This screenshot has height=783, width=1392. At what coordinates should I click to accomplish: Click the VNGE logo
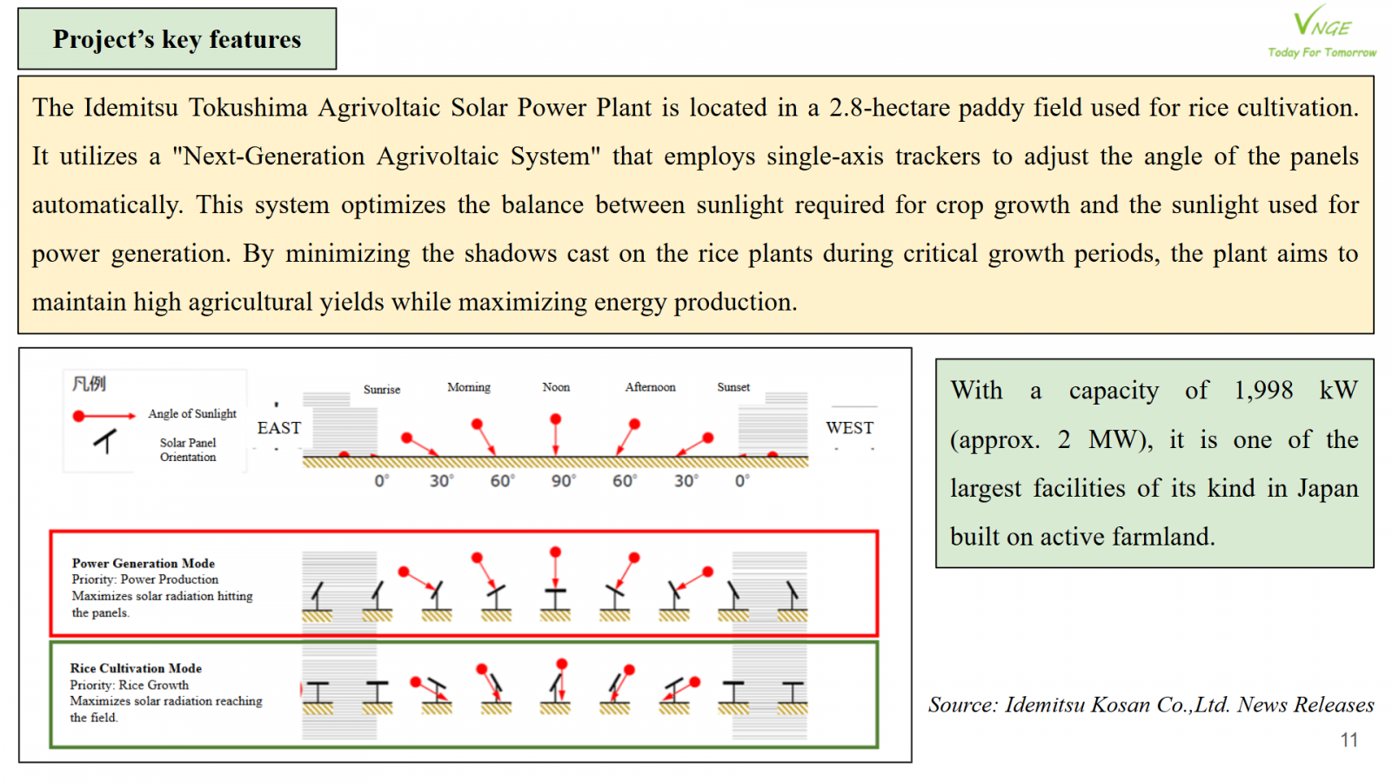pos(1322,31)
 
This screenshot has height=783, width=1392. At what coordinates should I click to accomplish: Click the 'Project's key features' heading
pos(177,39)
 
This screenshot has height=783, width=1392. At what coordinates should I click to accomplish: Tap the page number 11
pos(1348,740)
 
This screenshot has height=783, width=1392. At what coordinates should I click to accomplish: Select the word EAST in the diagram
pos(279,428)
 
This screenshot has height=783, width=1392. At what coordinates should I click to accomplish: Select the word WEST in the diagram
pos(849,428)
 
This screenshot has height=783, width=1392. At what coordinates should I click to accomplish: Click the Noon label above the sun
pos(556,387)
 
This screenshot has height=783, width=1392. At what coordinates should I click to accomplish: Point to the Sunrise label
pos(382,390)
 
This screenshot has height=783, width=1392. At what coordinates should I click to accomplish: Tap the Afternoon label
pos(650,387)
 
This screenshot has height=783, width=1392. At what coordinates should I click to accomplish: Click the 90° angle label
pos(564,481)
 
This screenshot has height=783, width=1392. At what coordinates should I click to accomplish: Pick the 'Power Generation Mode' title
pos(144,563)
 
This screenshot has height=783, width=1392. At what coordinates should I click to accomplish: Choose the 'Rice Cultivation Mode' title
pos(136,668)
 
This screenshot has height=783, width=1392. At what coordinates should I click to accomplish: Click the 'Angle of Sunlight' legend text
pos(192,414)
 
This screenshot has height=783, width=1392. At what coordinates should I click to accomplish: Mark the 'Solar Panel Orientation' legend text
pos(188,450)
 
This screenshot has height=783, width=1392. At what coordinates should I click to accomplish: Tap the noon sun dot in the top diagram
pos(556,419)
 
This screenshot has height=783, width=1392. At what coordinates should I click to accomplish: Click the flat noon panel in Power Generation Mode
pos(555,591)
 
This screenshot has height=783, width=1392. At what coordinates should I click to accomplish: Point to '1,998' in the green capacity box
pos(1263,391)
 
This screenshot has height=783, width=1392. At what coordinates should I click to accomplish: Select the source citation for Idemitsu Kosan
pos(1151,705)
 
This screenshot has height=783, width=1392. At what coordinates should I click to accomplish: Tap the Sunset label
pos(733,387)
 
